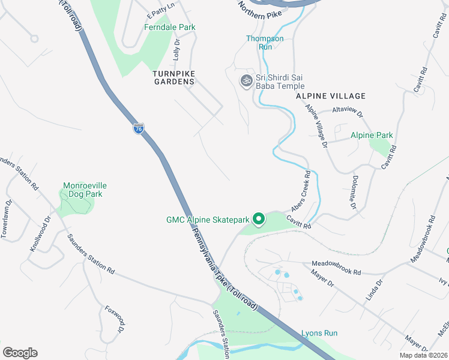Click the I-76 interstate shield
(x=139, y=128)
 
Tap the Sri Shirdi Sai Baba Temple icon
(x=246, y=80)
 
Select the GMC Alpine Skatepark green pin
(x=259, y=219)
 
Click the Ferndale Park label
(x=170, y=27)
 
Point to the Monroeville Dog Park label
(x=84, y=190)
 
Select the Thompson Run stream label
(x=265, y=43)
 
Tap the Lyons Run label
(x=319, y=333)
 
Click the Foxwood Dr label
(x=114, y=321)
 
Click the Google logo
(x=20, y=353)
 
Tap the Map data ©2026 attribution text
(x=424, y=355)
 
